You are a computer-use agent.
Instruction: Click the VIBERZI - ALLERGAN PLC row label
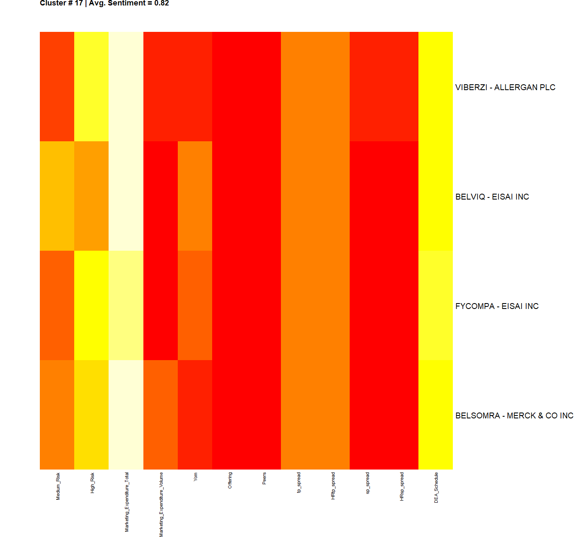point(505,87)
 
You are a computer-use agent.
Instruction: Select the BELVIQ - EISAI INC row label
point(492,197)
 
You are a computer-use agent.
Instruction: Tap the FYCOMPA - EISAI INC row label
point(497,306)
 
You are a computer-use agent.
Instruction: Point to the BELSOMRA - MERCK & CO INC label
point(514,415)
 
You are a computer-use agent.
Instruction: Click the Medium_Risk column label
point(58,486)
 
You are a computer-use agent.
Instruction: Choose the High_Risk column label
point(92,483)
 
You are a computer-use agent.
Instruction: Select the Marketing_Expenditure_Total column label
point(127,502)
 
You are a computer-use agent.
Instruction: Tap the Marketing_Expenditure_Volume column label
point(161,504)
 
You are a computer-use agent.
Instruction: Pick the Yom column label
point(195,477)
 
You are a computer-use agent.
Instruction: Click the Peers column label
point(264,478)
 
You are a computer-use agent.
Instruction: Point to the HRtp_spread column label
point(333,485)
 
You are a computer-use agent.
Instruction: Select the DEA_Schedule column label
point(436,488)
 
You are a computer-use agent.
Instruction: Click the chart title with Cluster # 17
point(104,3)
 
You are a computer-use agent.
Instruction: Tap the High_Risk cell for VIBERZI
point(91,86)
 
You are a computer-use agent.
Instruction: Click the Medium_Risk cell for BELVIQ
point(57,196)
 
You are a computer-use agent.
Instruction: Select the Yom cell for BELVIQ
point(195,196)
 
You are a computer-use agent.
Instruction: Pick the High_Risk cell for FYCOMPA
point(91,305)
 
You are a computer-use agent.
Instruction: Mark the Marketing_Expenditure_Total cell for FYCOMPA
point(126,305)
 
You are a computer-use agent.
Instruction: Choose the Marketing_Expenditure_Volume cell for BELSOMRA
point(161,415)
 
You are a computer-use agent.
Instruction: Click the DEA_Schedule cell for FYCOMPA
point(436,305)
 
